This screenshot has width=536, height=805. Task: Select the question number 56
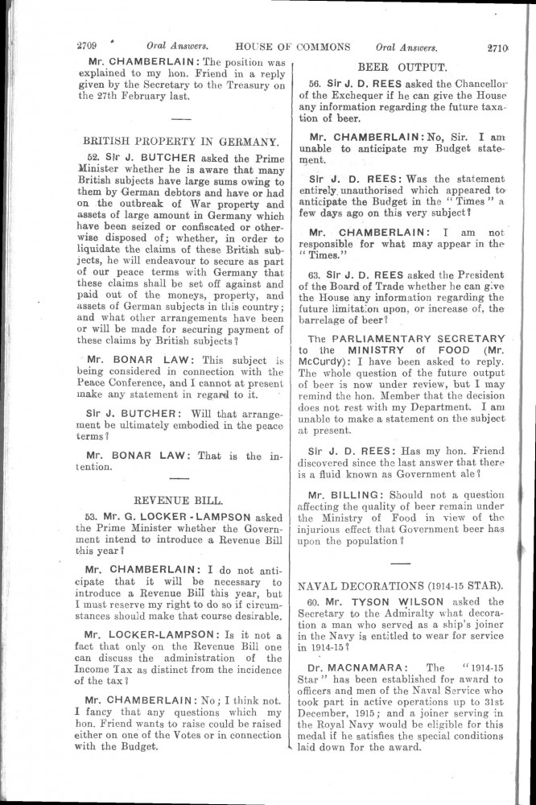click(x=316, y=84)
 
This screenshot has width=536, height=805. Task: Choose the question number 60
click(x=316, y=602)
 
